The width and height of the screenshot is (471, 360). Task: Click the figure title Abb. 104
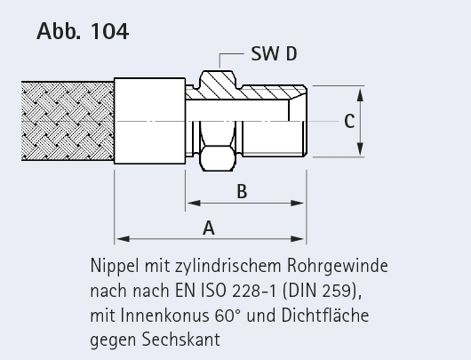[x=83, y=31]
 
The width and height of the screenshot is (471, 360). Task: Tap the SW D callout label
[x=274, y=54]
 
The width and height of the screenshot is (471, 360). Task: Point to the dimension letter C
[x=349, y=122]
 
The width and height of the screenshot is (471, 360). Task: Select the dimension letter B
[x=242, y=191]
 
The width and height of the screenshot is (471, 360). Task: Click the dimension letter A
[x=209, y=228]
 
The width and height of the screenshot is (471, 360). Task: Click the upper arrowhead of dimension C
[x=360, y=94]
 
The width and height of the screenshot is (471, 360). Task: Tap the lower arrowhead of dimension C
[x=360, y=148]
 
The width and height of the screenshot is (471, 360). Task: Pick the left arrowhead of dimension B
[x=194, y=204]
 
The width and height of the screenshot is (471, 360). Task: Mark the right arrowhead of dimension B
[x=298, y=204]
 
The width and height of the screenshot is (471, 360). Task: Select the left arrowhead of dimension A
[x=123, y=239]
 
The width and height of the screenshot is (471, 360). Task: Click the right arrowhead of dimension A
[x=298, y=239]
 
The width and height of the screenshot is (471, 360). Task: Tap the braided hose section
[x=68, y=121]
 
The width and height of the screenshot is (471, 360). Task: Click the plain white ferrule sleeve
[x=149, y=121]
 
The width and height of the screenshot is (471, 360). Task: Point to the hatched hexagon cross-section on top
[x=217, y=84]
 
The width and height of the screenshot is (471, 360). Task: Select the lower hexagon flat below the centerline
[x=218, y=158]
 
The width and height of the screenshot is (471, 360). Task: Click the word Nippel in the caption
[x=115, y=267]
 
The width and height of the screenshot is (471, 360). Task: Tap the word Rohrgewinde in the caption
[x=338, y=267]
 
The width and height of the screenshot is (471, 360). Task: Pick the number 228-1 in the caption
[x=254, y=291]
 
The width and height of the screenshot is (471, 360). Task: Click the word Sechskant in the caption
[x=180, y=340]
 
